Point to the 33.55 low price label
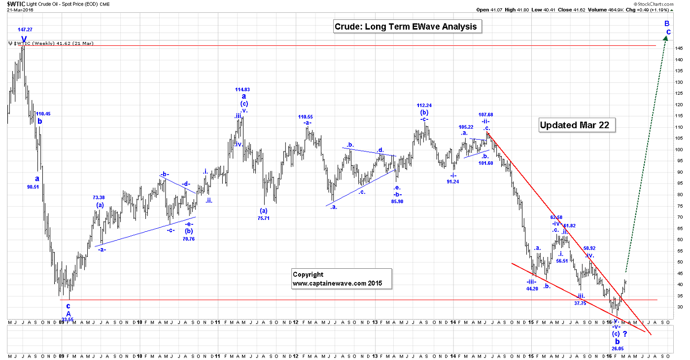[x=68, y=320]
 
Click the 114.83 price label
[x=242, y=90]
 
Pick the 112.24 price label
[x=424, y=106]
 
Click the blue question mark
[x=625, y=334]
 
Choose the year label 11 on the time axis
[x=217, y=322]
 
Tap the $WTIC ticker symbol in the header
[x=15, y=4]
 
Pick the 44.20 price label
[x=531, y=288]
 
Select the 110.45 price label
[x=43, y=114]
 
